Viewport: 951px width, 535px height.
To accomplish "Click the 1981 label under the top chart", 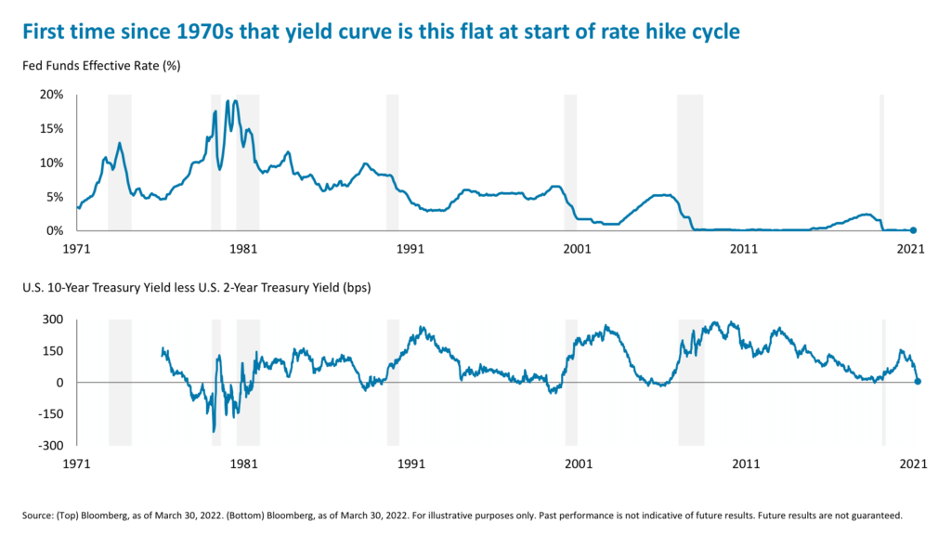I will pyautogui.click(x=242, y=249).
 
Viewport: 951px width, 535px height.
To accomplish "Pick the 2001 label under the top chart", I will pyautogui.click(x=577, y=249).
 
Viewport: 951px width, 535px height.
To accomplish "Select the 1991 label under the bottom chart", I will pyautogui.click(x=410, y=463).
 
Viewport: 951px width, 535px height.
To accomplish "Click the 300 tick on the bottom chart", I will pyautogui.click(x=52, y=320).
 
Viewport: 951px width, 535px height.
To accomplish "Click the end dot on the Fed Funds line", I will pyautogui.click(x=913, y=230).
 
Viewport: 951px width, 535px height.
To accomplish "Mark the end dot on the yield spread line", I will pyautogui.click(x=918, y=381).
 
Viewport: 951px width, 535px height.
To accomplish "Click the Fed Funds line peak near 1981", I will pyautogui.click(x=236, y=101).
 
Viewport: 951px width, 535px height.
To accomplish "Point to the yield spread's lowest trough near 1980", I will pyautogui.click(x=214, y=430).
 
